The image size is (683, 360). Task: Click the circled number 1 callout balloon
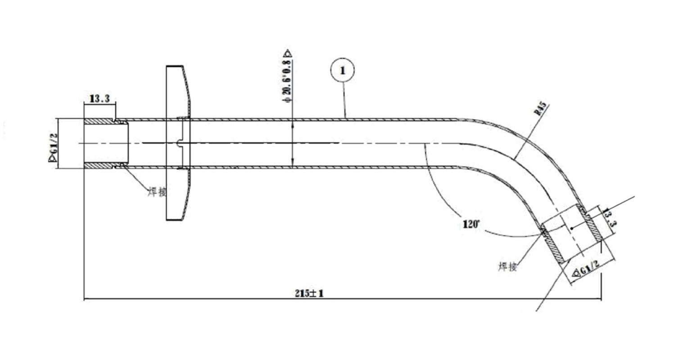tap(343, 71)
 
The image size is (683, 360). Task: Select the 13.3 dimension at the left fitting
tap(100, 99)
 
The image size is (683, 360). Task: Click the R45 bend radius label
tap(542, 109)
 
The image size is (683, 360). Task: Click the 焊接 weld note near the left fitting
tap(157, 192)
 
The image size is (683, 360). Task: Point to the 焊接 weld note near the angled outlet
tap(507, 266)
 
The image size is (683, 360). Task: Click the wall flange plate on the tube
tap(176, 143)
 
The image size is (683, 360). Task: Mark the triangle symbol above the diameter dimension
tap(288, 53)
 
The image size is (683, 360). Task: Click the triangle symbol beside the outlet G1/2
tap(575, 274)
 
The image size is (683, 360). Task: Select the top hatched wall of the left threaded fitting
tap(99, 121)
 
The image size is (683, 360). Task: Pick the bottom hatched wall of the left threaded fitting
tap(99, 166)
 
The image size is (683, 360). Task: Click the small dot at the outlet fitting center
tap(571, 229)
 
